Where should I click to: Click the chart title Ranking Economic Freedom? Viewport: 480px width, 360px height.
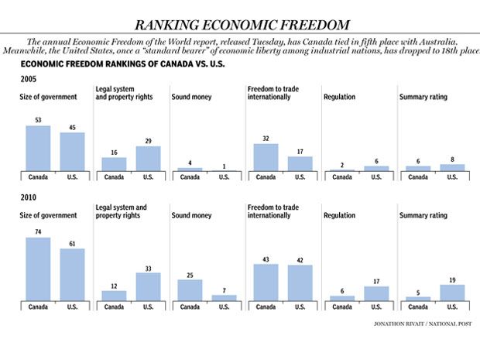click(241, 24)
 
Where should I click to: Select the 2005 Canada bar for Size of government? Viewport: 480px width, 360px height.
click(38, 148)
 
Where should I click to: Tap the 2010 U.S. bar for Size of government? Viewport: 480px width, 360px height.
click(72, 274)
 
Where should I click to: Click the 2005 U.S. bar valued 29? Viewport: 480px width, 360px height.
click(148, 158)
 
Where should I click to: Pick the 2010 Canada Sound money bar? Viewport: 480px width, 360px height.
click(190, 290)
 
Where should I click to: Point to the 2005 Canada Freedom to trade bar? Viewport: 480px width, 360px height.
click(266, 156)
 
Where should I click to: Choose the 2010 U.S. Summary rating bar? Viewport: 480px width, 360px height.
click(452, 292)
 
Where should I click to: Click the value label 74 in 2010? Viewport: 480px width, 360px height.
click(38, 231)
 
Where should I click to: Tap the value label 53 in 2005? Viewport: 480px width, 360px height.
click(38, 120)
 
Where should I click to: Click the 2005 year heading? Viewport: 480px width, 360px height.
click(29, 79)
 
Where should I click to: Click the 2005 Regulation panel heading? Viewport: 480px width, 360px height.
click(339, 97)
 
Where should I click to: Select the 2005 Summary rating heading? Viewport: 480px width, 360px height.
click(423, 97)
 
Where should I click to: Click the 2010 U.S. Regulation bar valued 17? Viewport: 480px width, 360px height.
click(376, 293)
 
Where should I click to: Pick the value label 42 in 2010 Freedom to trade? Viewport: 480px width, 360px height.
click(300, 259)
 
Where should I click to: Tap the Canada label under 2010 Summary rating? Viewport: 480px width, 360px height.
click(418, 307)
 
